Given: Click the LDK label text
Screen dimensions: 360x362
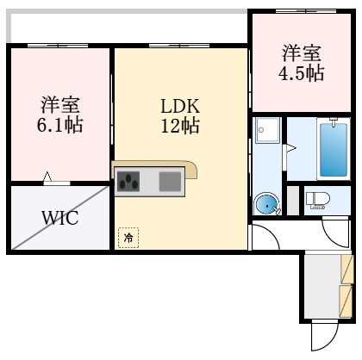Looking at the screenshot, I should [x=180, y=107].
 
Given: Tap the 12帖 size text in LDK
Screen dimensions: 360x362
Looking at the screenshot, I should [x=180, y=127].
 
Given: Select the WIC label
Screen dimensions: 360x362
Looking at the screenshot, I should [x=60, y=217].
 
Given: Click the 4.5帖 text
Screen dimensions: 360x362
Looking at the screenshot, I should [x=301, y=73].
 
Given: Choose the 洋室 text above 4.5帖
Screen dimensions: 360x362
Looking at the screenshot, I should [x=301, y=53].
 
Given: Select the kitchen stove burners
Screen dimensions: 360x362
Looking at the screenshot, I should [x=130, y=181].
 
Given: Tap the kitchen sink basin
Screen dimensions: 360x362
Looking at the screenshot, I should [x=170, y=181].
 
